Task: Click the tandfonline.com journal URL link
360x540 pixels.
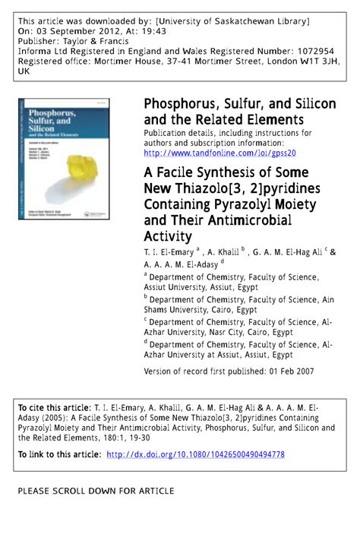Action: click(219, 152)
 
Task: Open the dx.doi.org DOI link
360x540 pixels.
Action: click(195, 455)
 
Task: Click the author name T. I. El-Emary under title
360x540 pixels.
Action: click(169, 251)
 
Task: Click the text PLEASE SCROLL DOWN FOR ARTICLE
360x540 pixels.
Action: click(96, 491)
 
